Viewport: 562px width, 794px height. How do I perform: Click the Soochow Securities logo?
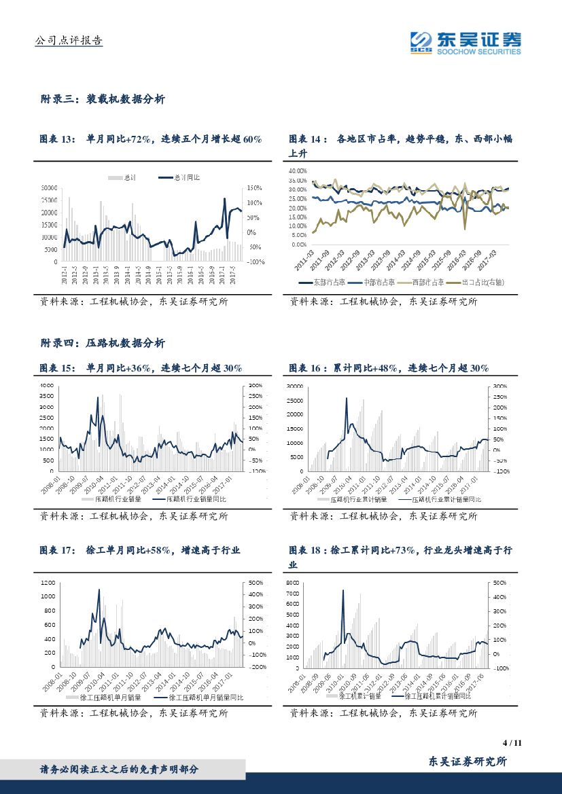(x=466, y=42)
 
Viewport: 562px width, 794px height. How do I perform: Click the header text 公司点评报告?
(x=68, y=41)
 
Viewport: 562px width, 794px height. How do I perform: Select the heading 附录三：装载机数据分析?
(x=102, y=99)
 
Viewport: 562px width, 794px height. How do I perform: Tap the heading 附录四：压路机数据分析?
(x=102, y=343)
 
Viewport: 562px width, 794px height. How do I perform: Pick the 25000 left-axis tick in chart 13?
(x=49, y=200)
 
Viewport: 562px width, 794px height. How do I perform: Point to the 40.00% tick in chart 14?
(x=297, y=171)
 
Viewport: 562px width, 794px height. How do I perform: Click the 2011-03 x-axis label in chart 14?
(x=304, y=258)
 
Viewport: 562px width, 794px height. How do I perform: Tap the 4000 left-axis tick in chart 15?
(x=46, y=385)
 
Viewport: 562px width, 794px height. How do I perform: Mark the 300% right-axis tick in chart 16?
(x=500, y=386)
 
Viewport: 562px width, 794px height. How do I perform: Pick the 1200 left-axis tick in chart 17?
(x=46, y=583)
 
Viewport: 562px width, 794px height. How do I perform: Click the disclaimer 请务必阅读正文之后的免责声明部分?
(x=120, y=769)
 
